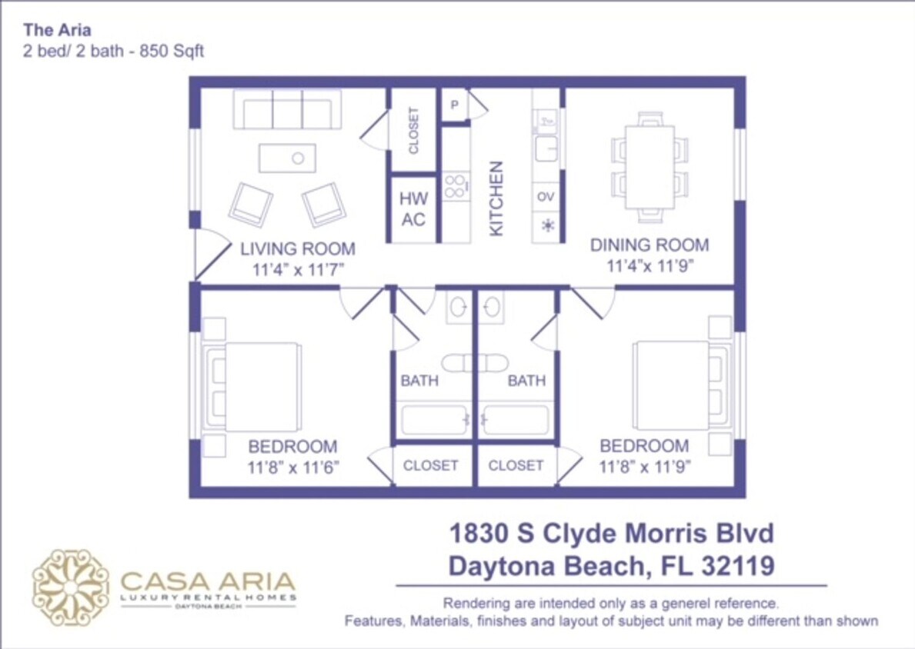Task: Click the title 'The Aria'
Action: (58, 31)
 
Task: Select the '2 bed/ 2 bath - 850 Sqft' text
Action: (113, 52)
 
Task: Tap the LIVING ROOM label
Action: (297, 249)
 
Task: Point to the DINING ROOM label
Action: (650, 245)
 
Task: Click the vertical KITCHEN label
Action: (496, 198)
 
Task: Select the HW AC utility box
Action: (413, 209)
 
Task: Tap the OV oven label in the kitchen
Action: (546, 197)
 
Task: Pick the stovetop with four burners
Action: (455, 186)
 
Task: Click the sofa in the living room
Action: (287, 110)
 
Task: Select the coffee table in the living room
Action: (287, 158)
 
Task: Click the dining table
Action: (650, 168)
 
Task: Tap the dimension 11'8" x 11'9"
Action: (645, 466)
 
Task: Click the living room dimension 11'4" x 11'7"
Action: (297, 270)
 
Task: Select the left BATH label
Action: (419, 381)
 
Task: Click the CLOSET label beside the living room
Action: (413, 130)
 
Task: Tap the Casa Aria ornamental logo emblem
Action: (71, 587)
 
